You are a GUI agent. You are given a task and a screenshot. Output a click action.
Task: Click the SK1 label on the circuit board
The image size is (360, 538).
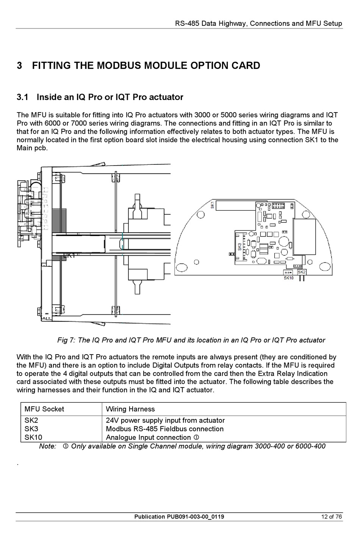[x=212, y=205]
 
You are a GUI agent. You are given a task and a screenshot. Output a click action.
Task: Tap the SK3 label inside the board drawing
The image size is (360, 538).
[x=239, y=247]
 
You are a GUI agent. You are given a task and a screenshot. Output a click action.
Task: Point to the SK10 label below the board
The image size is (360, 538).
[x=289, y=278]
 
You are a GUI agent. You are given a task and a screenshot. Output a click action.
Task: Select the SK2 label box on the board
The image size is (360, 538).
[x=302, y=272]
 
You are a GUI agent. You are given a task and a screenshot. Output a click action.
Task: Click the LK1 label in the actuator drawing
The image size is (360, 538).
[x=69, y=255]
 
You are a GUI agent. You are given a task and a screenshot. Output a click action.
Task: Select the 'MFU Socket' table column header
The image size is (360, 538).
[x=44, y=409]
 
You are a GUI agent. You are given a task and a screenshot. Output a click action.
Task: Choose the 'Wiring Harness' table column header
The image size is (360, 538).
[x=130, y=409]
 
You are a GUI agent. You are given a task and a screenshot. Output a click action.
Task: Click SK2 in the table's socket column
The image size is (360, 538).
[x=31, y=421]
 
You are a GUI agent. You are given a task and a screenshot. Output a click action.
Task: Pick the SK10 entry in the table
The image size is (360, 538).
[x=33, y=437]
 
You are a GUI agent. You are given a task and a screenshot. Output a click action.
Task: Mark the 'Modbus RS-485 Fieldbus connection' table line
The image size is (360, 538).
[x=164, y=429]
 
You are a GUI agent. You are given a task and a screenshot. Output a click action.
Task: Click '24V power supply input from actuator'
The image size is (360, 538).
[x=165, y=421]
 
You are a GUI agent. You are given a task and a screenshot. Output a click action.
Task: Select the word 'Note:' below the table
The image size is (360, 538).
[x=48, y=446]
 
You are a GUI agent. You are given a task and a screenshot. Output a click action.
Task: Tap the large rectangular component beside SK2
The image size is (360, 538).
[x=305, y=237]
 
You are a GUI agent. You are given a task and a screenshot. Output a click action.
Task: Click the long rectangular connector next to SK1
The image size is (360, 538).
[x=236, y=205]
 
